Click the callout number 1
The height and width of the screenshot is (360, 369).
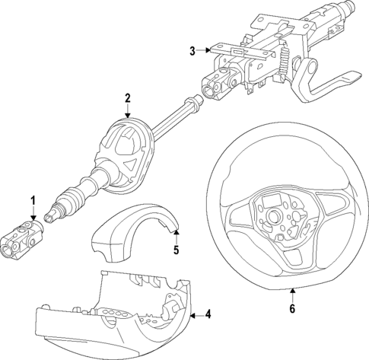tap(33, 201)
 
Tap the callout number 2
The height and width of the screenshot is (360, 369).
tap(128, 98)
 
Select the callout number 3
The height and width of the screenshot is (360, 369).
tap(192, 51)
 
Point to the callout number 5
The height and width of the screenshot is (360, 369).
tap(175, 249)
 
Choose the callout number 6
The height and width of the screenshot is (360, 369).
tap(292, 308)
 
